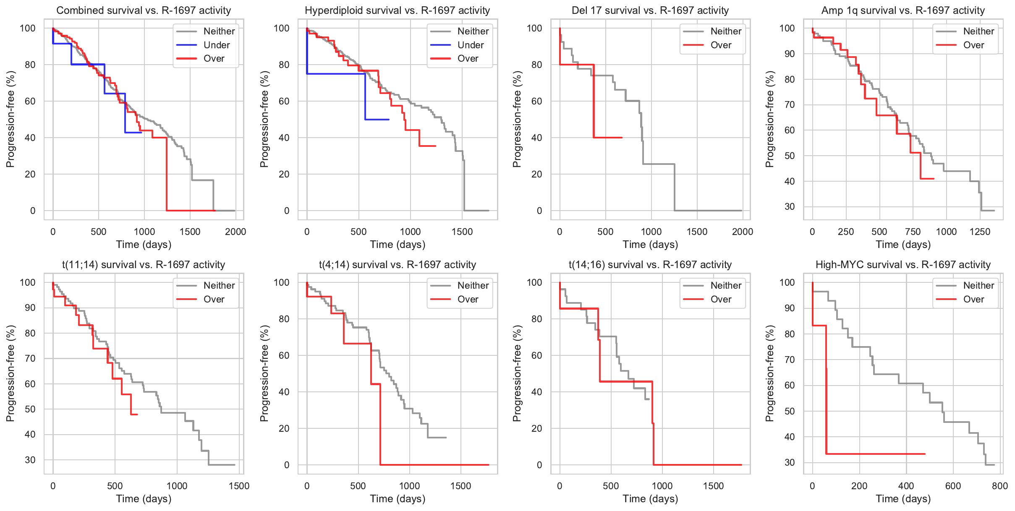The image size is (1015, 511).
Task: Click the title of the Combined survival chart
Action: [x=144, y=10]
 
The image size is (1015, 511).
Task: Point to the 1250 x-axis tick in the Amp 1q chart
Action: [x=980, y=232]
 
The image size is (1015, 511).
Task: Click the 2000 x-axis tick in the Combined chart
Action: [x=235, y=232]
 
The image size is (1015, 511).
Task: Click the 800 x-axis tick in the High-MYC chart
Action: [x=1000, y=486]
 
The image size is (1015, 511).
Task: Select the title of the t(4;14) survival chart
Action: [x=397, y=265]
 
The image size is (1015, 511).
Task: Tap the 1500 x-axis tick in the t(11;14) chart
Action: [x=239, y=486]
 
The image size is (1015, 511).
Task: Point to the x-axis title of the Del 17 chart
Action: [x=650, y=245]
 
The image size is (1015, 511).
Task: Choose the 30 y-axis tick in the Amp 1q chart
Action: [x=789, y=207]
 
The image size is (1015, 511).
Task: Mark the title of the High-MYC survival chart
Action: [x=903, y=265]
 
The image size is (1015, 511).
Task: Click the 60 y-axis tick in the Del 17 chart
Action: [x=536, y=101]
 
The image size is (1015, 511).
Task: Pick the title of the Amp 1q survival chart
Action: [x=903, y=10]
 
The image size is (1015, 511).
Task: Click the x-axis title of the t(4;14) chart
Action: [x=398, y=499]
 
